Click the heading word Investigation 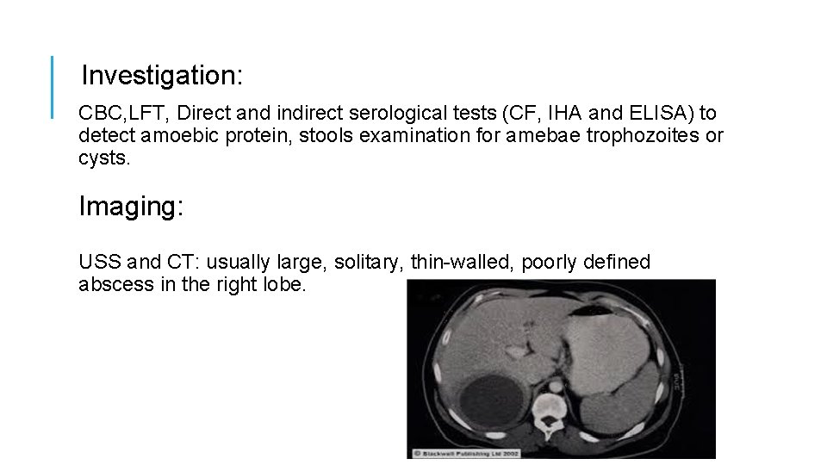[x=161, y=76]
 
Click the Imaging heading [x=131, y=207]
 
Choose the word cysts [x=103, y=158]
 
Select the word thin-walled [x=462, y=263]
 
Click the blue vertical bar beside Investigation [x=53, y=87]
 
